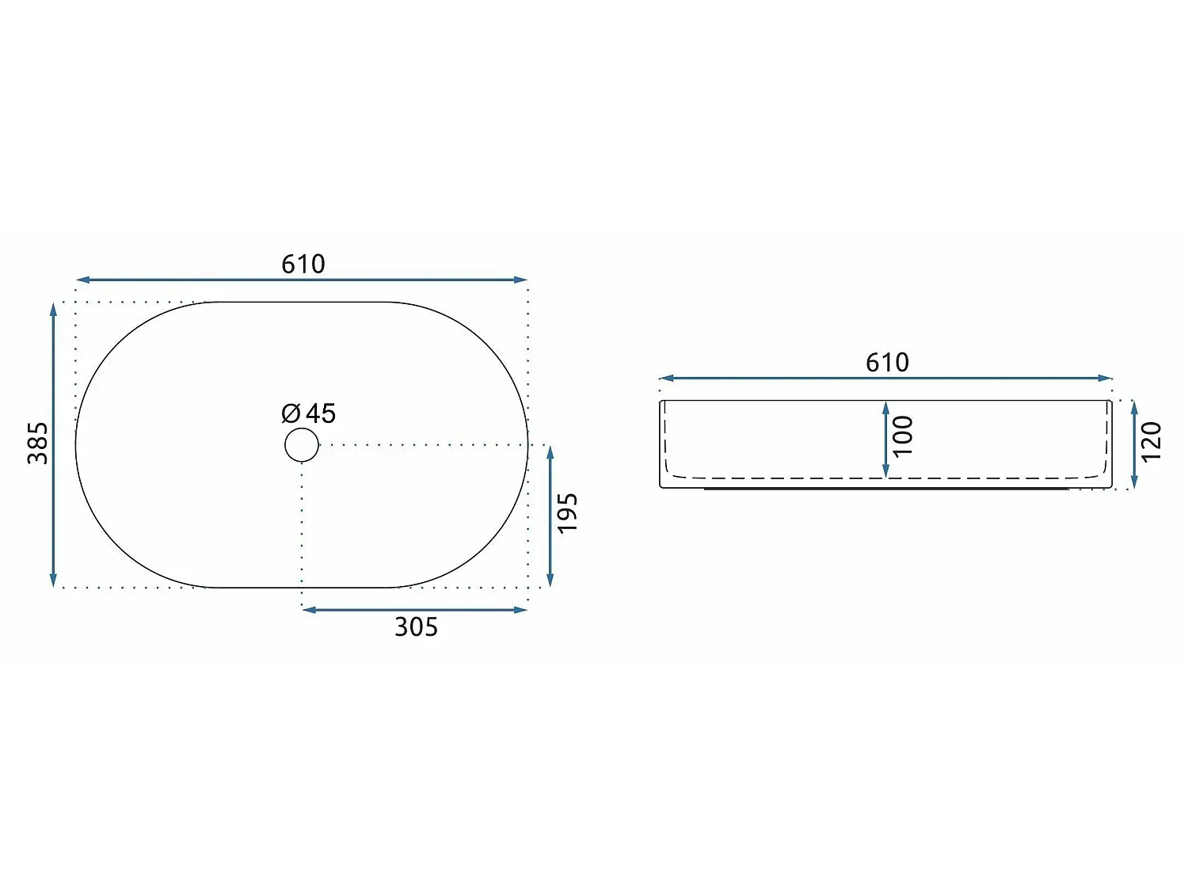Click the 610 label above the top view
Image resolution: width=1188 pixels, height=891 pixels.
[x=303, y=264]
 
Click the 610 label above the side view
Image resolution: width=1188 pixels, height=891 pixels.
[x=887, y=363]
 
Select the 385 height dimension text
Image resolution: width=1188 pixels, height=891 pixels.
[x=38, y=443]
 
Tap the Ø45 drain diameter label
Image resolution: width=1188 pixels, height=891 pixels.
[x=309, y=413]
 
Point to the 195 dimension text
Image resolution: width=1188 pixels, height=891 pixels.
[x=568, y=513]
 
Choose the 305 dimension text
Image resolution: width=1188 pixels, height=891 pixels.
[x=416, y=627]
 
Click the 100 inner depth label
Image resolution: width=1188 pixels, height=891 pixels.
[x=903, y=436]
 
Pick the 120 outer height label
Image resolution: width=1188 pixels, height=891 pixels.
[x=1152, y=442]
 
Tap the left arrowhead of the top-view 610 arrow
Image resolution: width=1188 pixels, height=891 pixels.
[x=82, y=280]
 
